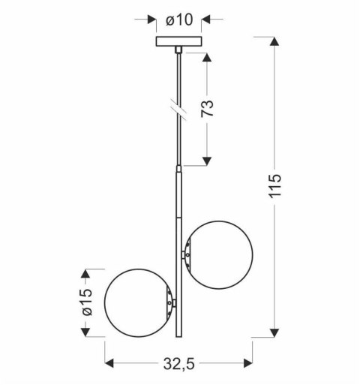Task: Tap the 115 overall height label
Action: click(x=274, y=185)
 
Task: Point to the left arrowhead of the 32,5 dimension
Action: click(x=109, y=364)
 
